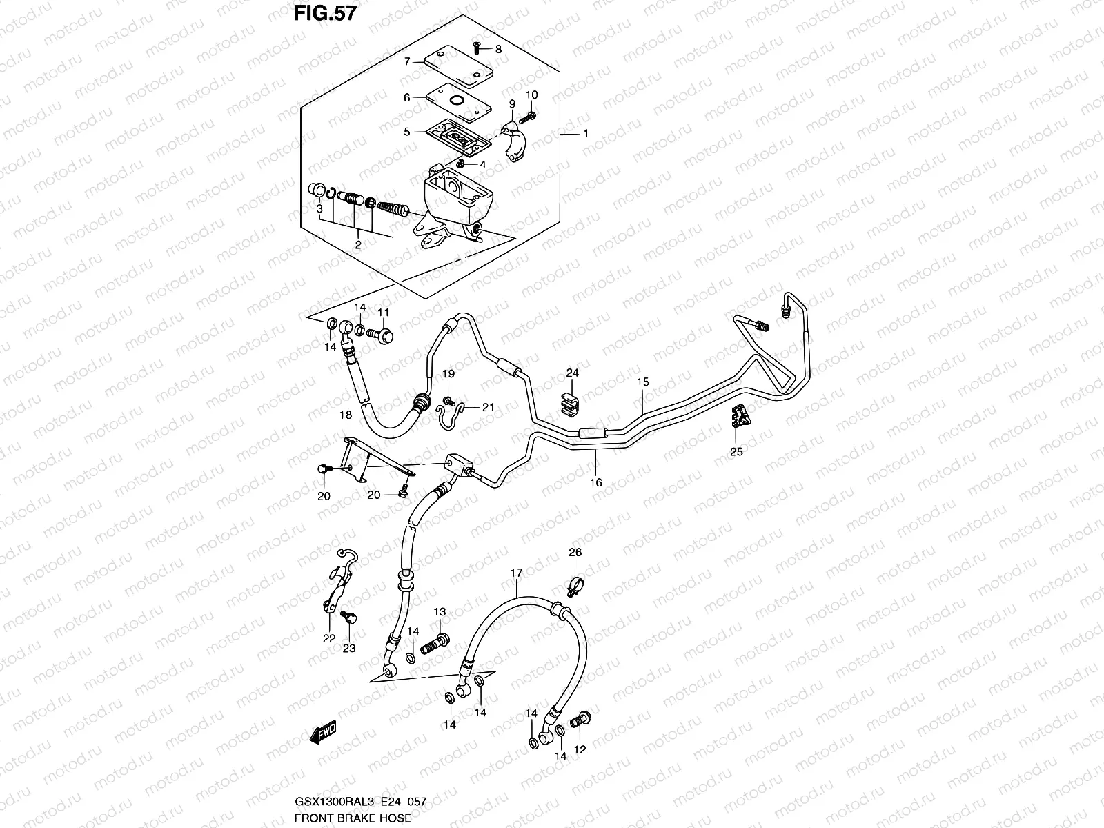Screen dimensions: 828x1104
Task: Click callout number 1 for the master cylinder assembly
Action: click(x=586, y=133)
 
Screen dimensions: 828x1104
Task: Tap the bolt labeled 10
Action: click(x=531, y=115)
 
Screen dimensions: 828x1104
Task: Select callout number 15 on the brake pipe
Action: click(x=642, y=382)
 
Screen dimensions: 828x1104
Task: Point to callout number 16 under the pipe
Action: click(x=595, y=482)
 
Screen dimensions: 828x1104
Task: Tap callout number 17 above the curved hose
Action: click(x=516, y=573)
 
